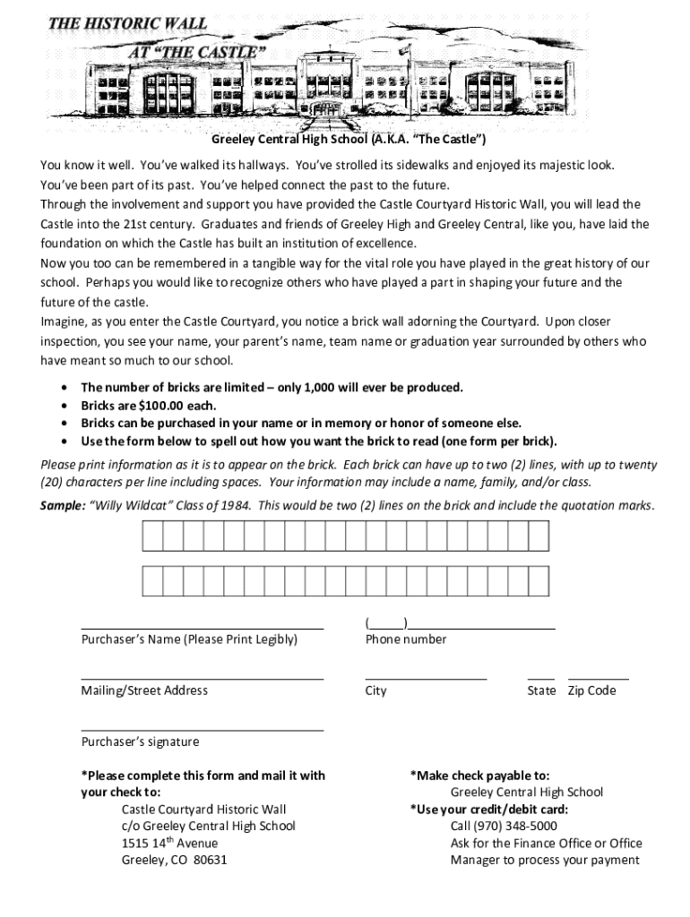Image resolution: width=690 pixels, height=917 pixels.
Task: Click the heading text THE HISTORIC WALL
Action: pyautogui.click(x=128, y=23)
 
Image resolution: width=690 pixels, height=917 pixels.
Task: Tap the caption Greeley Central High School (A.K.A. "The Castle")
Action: pyautogui.click(x=349, y=141)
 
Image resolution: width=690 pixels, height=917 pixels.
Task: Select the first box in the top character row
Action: pyautogui.click(x=151, y=536)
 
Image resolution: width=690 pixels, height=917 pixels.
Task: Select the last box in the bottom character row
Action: pyautogui.click(x=538, y=581)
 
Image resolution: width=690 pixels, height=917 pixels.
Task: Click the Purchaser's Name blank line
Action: pyautogui.click(x=203, y=629)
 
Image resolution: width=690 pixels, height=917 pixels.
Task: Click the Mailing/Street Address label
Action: pyautogui.click(x=144, y=690)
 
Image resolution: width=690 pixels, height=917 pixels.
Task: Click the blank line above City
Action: pyautogui.click(x=426, y=680)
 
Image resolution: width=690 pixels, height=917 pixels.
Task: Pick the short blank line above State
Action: pyautogui.click(x=540, y=680)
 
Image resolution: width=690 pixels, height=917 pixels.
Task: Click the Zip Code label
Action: pyautogui.click(x=591, y=690)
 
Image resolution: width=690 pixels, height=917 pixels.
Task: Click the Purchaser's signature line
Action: pyautogui.click(x=203, y=731)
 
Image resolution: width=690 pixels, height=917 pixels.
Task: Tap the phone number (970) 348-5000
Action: pyautogui.click(x=504, y=826)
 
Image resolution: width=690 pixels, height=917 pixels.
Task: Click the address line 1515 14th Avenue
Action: pyautogui.click(x=169, y=843)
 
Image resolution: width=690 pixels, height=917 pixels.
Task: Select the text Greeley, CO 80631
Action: pyautogui.click(x=174, y=860)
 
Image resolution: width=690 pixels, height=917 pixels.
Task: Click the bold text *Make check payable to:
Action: pyautogui.click(x=479, y=776)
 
